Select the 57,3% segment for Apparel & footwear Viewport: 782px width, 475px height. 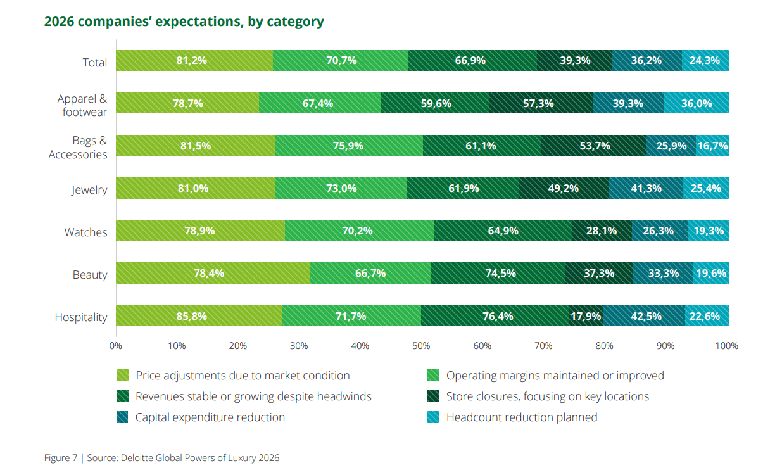540,103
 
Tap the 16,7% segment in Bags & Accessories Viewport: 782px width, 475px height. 712,146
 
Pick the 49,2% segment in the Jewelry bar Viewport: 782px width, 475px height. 564,188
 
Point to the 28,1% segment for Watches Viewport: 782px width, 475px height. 602,231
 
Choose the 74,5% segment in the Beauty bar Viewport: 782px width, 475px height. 498,273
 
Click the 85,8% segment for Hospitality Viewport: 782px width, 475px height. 199,315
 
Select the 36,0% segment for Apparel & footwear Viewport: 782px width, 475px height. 696,103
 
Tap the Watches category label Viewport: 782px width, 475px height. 85,232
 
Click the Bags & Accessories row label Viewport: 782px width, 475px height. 78,148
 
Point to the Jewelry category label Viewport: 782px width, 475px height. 89,190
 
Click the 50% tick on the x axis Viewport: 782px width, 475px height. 421,346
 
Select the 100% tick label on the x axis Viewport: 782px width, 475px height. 726,346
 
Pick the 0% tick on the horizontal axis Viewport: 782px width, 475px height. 116,346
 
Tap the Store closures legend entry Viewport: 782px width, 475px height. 547,396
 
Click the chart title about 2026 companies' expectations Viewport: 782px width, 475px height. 184,22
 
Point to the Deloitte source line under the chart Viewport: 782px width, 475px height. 161,457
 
